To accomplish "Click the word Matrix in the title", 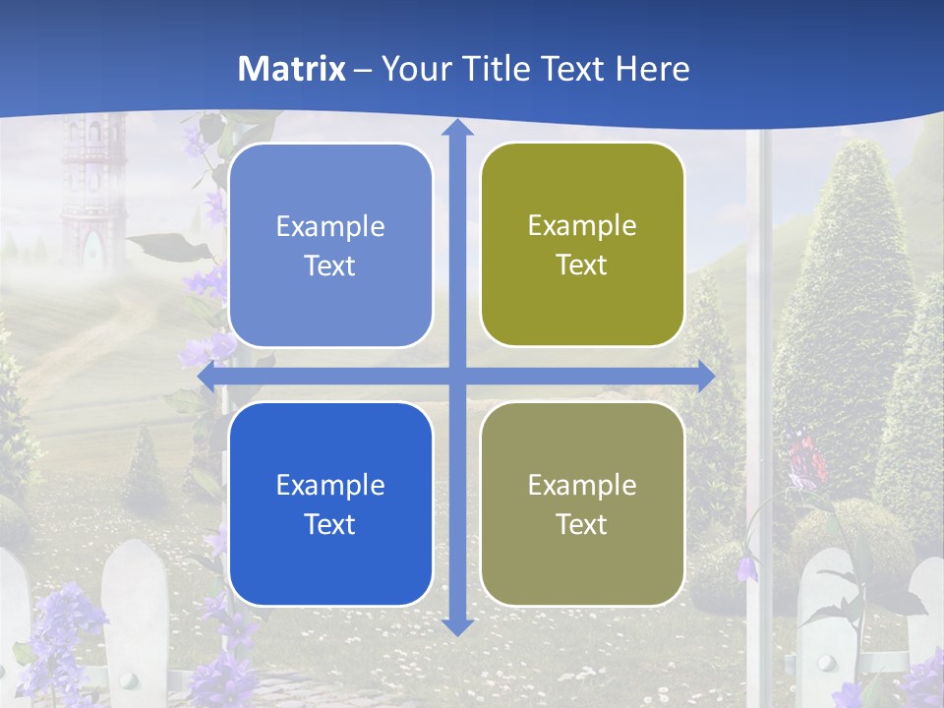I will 292,69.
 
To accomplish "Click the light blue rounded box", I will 330,245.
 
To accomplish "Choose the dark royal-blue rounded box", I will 330,503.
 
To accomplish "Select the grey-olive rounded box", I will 582,503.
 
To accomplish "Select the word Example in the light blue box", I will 330,226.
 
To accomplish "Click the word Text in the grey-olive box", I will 582,524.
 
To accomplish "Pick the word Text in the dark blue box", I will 330,524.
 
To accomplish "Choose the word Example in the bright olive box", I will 582,225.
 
